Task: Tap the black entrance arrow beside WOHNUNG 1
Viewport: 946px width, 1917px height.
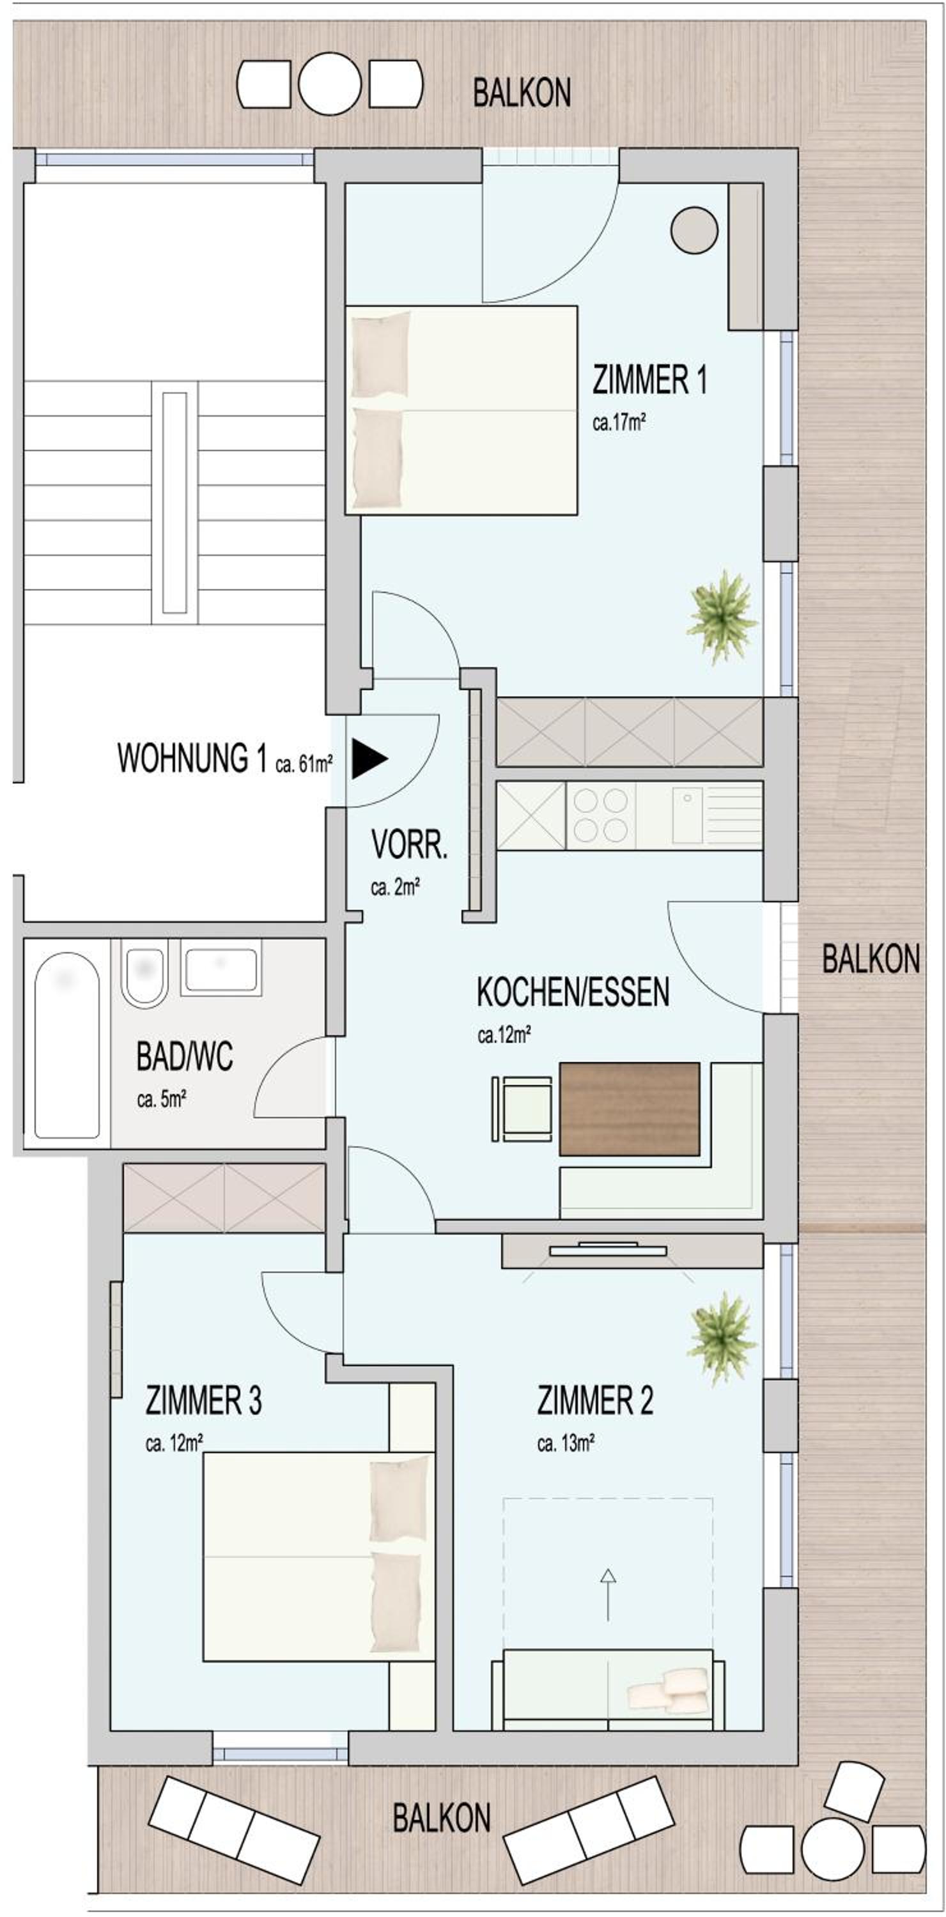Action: click(x=369, y=759)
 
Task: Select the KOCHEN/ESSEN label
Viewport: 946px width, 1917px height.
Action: click(x=572, y=992)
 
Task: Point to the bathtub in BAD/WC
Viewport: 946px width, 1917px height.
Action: click(x=67, y=1045)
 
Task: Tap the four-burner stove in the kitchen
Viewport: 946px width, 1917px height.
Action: click(x=601, y=815)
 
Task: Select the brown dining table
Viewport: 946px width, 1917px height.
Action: click(x=630, y=1109)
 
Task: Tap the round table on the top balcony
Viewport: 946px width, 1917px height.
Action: click(x=330, y=83)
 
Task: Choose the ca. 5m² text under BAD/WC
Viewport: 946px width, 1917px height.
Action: click(x=162, y=1099)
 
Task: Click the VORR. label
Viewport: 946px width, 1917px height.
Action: click(x=409, y=845)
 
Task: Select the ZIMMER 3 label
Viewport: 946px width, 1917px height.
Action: click(x=203, y=1401)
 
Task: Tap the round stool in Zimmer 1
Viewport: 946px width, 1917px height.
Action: click(x=694, y=230)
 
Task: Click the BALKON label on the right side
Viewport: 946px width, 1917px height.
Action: click(x=871, y=958)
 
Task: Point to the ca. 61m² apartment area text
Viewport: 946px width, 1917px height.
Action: click(x=304, y=764)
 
